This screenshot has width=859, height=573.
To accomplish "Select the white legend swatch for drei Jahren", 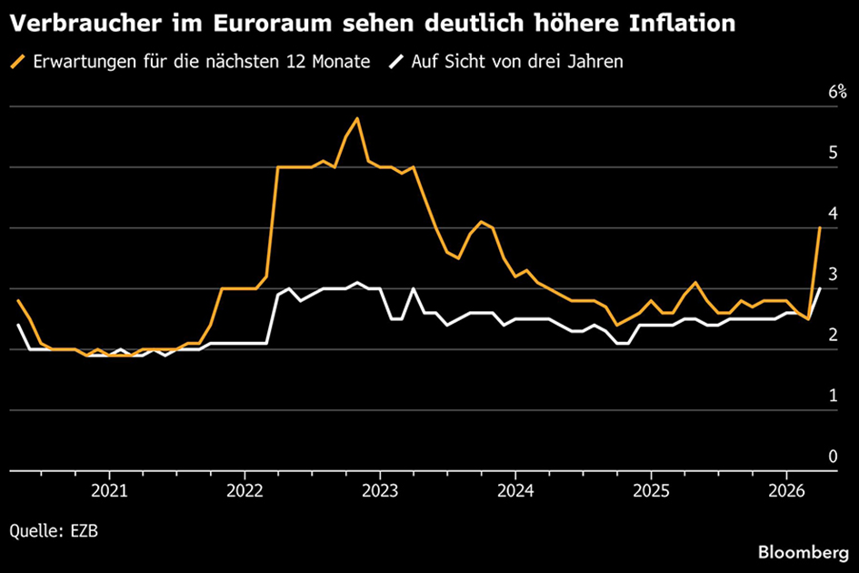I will (396, 63).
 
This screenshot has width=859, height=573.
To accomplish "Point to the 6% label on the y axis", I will (836, 92).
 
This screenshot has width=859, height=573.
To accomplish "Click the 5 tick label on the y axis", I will (832, 153).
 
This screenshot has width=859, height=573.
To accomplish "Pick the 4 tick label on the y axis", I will (832, 214).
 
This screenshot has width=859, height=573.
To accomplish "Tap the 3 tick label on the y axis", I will (832, 275).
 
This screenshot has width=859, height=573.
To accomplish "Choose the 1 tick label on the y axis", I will (832, 396).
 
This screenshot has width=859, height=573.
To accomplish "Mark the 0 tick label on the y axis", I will (832, 456).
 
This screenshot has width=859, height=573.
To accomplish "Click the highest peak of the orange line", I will (357, 118).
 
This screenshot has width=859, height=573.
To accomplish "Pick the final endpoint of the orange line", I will (820, 227).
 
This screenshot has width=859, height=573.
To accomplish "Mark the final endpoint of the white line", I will (820, 288).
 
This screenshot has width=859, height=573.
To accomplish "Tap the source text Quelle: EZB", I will (55, 529).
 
